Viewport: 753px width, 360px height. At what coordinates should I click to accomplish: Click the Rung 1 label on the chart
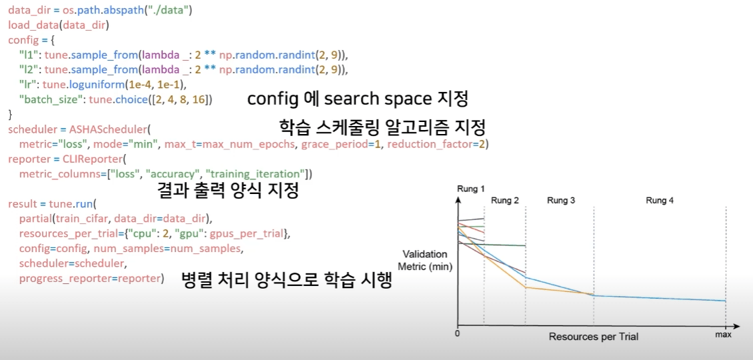tap(470, 189)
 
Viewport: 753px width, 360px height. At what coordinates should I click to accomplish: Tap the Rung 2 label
tap(505, 201)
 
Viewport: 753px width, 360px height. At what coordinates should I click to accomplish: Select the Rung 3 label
tap(560, 201)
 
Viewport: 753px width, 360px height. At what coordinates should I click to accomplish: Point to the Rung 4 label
tap(660, 201)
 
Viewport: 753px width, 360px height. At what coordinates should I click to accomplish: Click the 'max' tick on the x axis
tap(724, 335)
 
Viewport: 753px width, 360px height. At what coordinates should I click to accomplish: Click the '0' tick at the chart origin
tap(458, 333)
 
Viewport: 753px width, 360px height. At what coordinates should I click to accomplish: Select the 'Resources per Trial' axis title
tap(593, 337)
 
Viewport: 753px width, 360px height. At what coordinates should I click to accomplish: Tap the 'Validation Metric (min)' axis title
tap(425, 261)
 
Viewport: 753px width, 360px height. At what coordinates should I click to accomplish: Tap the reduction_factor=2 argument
tap(438, 144)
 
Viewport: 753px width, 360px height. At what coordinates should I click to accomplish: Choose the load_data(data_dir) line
tap(58, 26)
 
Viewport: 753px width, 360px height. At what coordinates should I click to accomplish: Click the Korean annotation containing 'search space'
tap(357, 99)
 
